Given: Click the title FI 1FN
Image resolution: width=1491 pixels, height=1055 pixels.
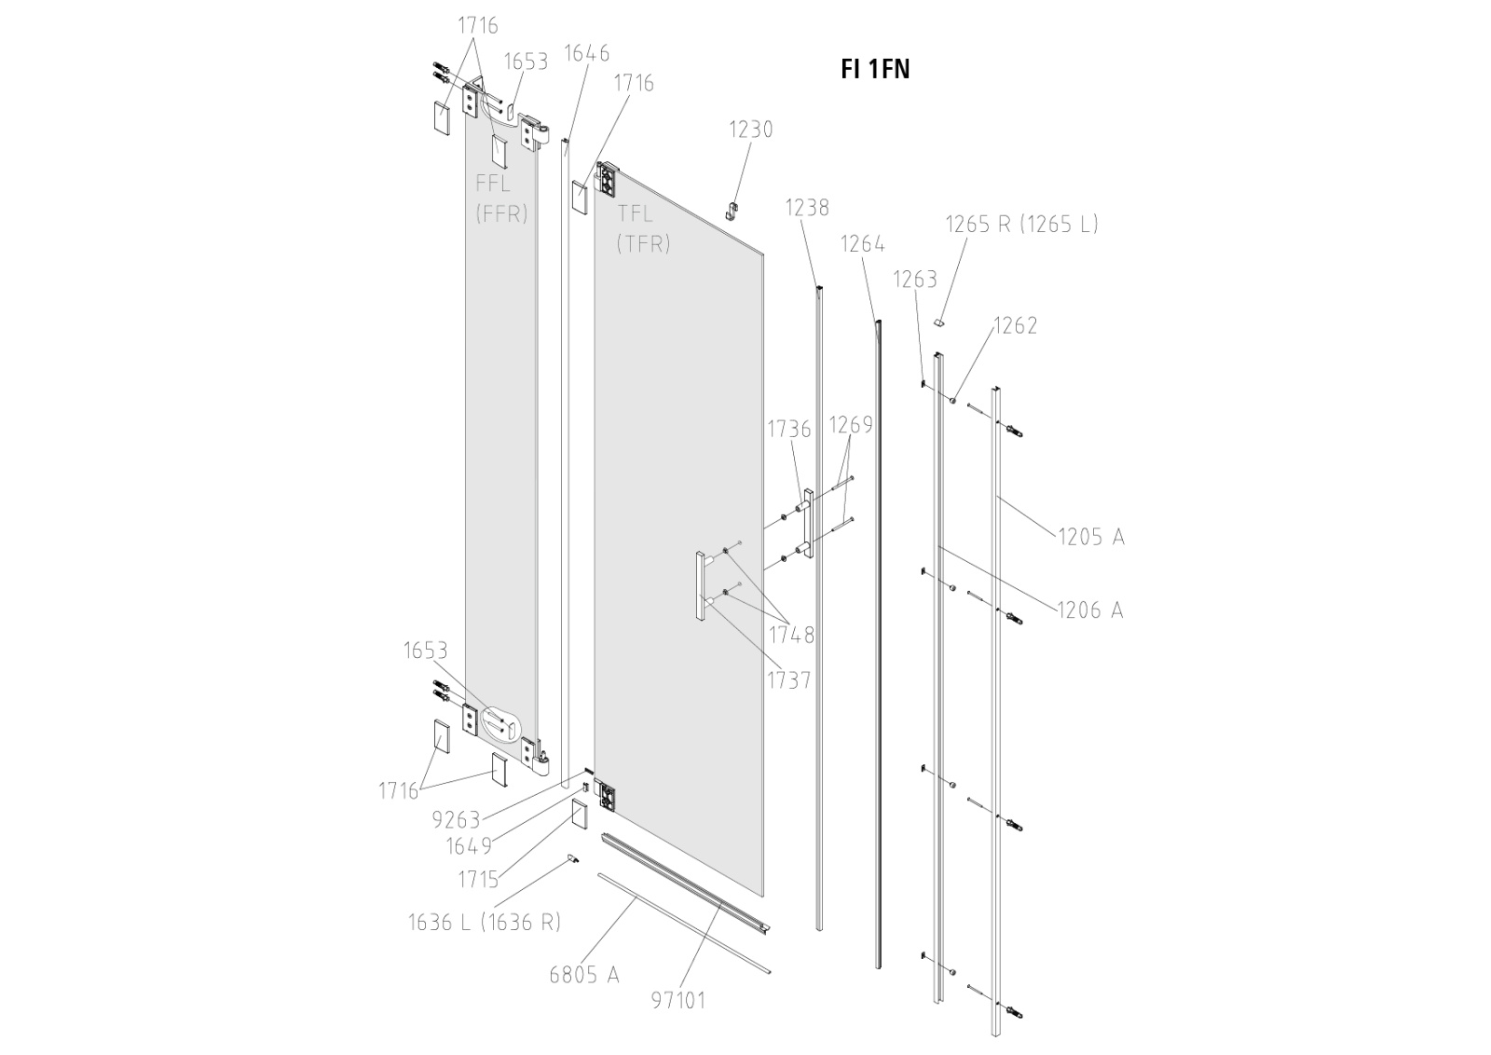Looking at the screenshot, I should tap(875, 70).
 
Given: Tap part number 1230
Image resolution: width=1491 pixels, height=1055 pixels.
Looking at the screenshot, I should tap(750, 129).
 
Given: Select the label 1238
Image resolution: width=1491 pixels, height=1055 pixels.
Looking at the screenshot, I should tap(807, 207).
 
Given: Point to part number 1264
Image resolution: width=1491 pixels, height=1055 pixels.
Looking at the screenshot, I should tap(863, 244).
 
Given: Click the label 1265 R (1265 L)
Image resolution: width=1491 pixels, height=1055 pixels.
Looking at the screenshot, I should tap(1021, 224).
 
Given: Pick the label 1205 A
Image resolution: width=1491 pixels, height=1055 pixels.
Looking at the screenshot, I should tap(1090, 537).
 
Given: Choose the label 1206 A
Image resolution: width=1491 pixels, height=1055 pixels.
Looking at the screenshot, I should tap(1089, 610).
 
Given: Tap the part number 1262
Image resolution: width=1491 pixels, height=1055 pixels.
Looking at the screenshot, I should tap(1015, 325).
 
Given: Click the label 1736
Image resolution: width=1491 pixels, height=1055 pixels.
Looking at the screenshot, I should tap(789, 429).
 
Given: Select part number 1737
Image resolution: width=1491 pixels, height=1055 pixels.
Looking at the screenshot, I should tap(789, 680).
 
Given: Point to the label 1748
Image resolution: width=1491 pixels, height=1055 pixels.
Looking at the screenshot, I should tap(791, 636).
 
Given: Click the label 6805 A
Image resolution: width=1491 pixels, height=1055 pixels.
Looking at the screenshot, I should tap(584, 975).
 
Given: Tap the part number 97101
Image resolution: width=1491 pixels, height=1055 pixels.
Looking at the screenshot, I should tap(678, 1001).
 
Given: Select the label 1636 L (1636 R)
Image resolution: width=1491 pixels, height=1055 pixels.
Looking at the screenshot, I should tap(485, 923).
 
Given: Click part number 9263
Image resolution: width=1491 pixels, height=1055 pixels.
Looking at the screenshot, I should tap(457, 820).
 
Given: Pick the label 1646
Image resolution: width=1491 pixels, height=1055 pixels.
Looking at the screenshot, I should tap(587, 53).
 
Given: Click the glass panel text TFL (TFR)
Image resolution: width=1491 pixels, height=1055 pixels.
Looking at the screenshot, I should tap(644, 229).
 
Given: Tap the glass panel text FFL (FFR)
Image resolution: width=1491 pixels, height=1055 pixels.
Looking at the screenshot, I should tap(501, 198).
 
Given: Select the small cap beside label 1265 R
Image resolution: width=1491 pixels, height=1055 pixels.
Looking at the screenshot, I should tap(940, 322).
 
